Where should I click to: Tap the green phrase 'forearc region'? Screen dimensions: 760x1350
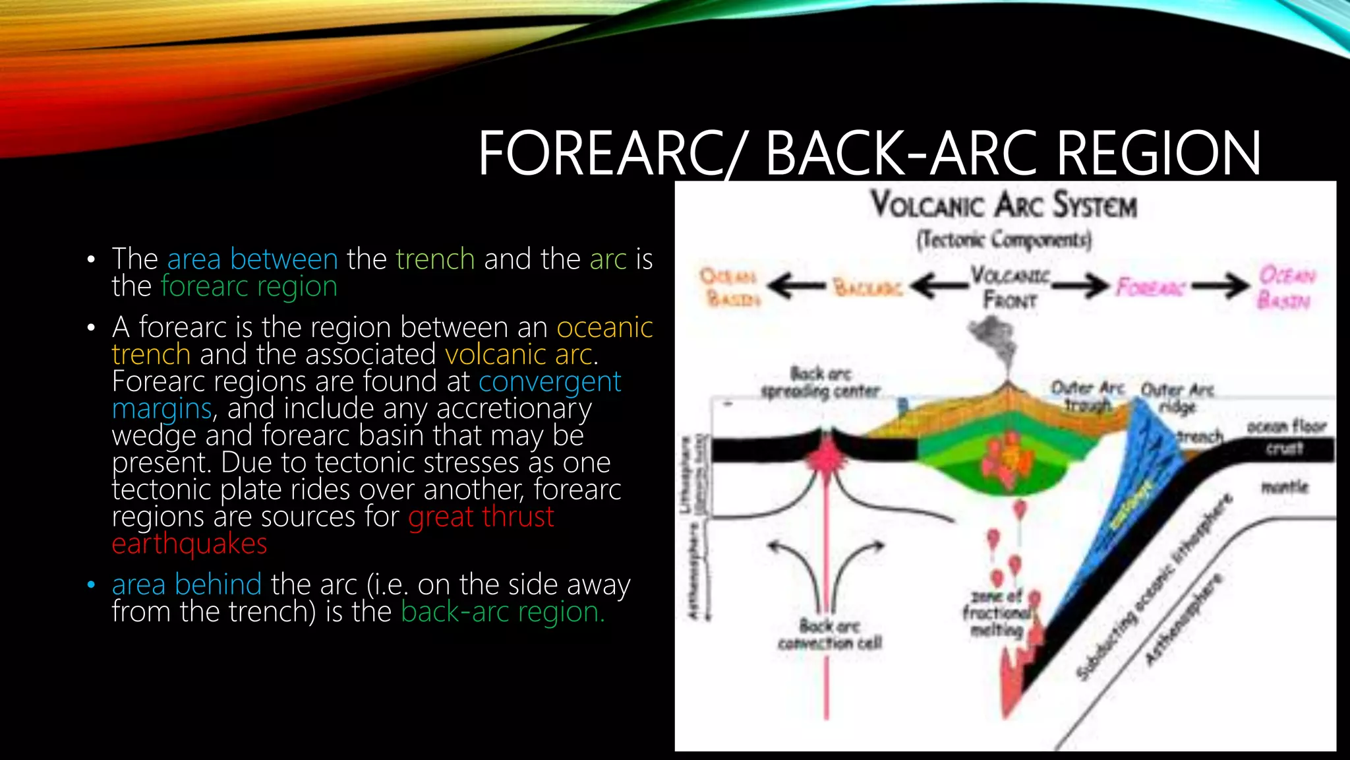(x=249, y=286)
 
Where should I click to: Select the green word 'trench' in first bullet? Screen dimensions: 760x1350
(x=435, y=259)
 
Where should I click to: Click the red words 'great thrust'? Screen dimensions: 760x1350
(x=481, y=517)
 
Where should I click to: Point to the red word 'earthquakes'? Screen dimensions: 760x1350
(x=189, y=544)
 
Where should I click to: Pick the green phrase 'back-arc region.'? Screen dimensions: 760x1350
(x=502, y=612)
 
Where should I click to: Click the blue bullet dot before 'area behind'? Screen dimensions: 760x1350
(x=91, y=585)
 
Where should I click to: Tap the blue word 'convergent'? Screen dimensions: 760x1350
(x=550, y=381)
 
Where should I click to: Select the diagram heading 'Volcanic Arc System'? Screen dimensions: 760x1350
(x=1004, y=205)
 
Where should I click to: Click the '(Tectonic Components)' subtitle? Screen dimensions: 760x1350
(x=1004, y=239)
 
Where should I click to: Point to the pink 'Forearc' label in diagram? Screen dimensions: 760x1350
(x=1150, y=288)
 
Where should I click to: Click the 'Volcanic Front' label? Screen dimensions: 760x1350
(x=1010, y=287)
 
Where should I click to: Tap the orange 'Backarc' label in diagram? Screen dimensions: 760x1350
(x=867, y=288)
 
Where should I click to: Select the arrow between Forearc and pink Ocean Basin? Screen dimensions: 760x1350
(x=1220, y=286)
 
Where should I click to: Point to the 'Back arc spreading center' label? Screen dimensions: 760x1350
(x=821, y=382)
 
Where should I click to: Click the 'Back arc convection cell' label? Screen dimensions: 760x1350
(x=829, y=633)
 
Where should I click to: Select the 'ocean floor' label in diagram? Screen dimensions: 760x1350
(x=1285, y=427)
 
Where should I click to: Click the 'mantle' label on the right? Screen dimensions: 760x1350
(x=1284, y=488)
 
